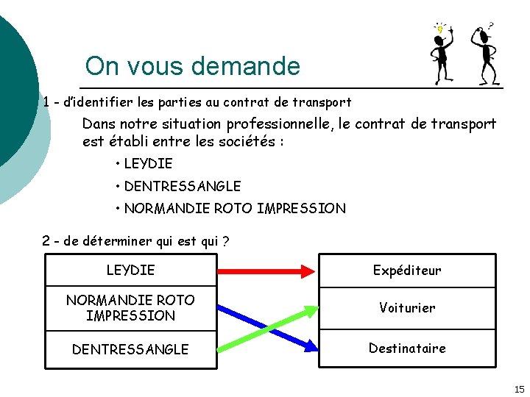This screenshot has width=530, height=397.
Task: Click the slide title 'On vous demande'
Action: [x=193, y=66]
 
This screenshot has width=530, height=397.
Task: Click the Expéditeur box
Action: [x=407, y=270]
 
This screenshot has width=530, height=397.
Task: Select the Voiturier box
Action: [x=407, y=307]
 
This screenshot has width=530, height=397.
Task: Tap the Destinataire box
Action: [x=407, y=348]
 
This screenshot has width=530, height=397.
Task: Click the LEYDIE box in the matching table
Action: [x=131, y=270]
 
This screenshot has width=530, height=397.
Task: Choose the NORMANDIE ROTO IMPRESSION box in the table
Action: [x=131, y=307]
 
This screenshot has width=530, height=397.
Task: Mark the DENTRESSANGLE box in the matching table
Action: [x=131, y=349]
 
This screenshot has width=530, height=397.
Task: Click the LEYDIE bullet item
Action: [x=148, y=163]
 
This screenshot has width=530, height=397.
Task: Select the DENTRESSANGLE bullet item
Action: [x=182, y=187]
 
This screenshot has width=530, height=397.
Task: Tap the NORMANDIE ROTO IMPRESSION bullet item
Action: [x=234, y=209]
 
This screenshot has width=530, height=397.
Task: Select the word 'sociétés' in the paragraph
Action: [x=246, y=140]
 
